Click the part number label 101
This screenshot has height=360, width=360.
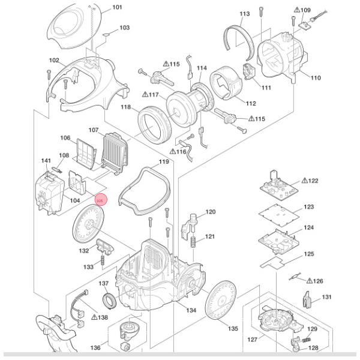pyautogui.click(x=117, y=7)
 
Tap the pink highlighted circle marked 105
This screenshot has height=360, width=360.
pyautogui.click(x=100, y=200)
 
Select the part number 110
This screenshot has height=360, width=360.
pyautogui.click(x=316, y=77)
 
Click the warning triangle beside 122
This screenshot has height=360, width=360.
pyautogui.click(x=304, y=180)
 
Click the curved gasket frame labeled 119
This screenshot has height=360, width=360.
pyautogui.click(x=143, y=191)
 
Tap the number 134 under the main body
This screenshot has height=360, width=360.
pyautogui.click(x=191, y=310)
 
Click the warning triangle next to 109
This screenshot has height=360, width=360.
pyautogui.click(x=297, y=10)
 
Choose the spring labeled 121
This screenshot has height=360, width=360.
pyautogui.click(x=194, y=241)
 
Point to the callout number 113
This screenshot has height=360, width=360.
pyautogui.click(x=244, y=14)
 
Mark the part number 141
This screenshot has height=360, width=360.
pyautogui.click(x=46, y=161)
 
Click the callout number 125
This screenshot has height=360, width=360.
pyautogui.click(x=308, y=254)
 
